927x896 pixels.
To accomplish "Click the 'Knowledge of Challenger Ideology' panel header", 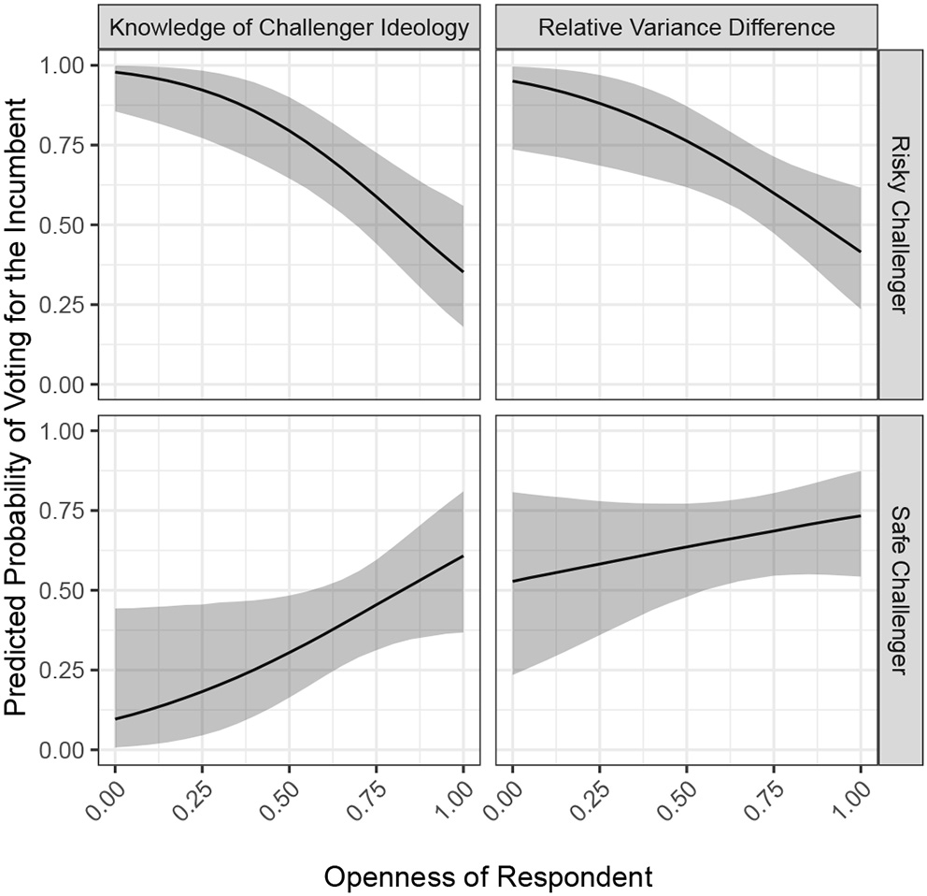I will tap(289, 28).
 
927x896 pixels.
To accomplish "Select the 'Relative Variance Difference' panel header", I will tap(686, 28).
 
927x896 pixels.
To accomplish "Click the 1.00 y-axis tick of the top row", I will tap(65, 65).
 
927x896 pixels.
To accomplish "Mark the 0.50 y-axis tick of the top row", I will tap(65, 225).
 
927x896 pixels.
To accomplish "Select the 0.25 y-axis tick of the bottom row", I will tap(65, 670).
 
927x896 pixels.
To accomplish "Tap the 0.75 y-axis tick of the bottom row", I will tap(65, 511).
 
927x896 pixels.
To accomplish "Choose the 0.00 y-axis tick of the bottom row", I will tap(65, 750).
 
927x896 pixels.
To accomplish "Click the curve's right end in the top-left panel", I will tap(463, 272).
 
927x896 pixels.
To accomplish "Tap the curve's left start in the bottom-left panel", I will tap(115, 719).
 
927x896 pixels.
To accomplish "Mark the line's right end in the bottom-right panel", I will tap(860, 515).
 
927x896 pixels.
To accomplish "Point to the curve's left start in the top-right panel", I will tap(513, 81).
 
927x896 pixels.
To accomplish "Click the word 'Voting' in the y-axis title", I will tap(19, 309).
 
